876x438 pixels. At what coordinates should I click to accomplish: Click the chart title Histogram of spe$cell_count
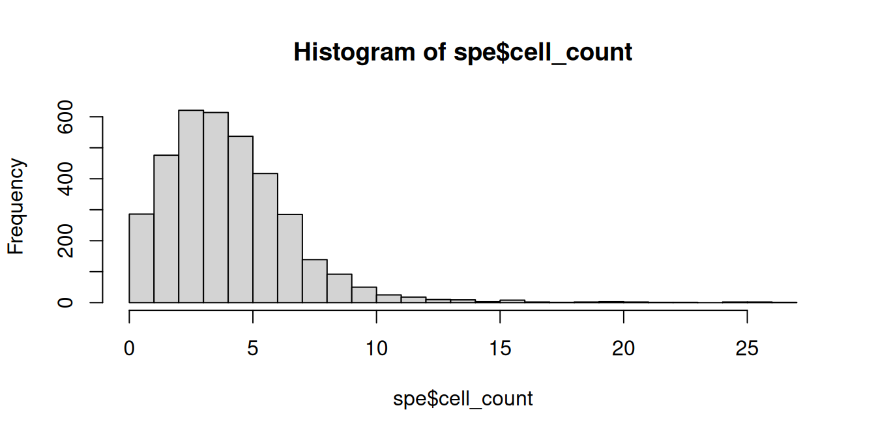tap(463, 52)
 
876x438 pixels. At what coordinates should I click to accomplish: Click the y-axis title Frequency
tap(17, 206)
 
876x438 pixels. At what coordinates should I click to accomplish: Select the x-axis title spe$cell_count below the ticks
tap(463, 398)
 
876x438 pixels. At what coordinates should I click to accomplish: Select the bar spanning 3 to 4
tap(216, 208)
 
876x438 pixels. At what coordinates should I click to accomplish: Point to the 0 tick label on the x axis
tap(130, 349)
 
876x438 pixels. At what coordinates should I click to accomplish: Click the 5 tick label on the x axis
tap(253, 349)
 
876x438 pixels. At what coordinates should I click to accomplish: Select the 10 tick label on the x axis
tap(377, 349)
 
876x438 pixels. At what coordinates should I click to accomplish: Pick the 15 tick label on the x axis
tap(500, 349)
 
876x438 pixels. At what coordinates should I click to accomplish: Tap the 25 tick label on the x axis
tap(747, 349)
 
